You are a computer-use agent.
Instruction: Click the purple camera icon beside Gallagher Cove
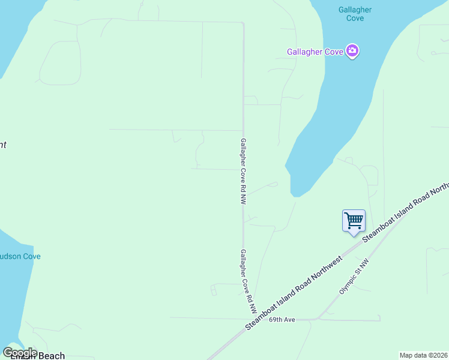353,52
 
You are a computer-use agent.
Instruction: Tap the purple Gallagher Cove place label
316,52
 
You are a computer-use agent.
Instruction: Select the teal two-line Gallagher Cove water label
355,14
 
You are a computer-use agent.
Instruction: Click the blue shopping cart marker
354,220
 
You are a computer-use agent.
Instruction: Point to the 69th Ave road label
282,320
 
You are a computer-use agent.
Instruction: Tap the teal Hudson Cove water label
20,256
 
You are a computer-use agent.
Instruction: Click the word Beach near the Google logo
52,356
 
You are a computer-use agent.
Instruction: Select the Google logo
20,353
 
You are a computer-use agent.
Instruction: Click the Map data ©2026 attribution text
423,355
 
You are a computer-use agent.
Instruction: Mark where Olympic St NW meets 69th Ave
316,319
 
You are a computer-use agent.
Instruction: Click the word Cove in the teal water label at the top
355,19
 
